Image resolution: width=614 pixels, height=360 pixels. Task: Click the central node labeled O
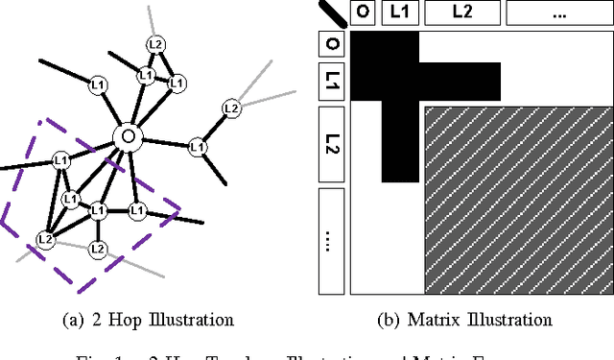point(126,137)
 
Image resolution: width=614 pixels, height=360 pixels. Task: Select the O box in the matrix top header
point(363,12)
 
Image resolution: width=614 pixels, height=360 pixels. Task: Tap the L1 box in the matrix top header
point(400,12)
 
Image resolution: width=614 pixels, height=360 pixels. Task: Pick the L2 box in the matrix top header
point(461,12)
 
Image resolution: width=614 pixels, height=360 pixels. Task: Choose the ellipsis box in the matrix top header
point(557,12)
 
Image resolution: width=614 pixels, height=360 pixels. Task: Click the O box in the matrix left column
point(332,43)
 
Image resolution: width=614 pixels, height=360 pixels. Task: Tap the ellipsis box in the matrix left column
point(332,240)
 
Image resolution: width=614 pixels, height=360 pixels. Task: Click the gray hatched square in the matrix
point(518,199)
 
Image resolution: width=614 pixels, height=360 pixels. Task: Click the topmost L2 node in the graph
point(154,44)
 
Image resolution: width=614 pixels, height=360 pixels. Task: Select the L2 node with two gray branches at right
point(230,108)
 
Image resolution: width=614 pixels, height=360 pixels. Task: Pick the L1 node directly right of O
point(198,147)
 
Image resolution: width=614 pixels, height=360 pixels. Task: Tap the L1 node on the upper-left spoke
point(96,83)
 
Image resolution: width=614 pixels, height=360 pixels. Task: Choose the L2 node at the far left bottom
point(45,239)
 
